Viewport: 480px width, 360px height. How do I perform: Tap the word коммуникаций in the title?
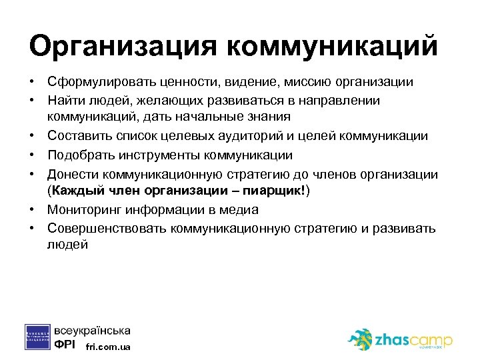[333, 47]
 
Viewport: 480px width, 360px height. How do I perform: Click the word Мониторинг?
[81, 209]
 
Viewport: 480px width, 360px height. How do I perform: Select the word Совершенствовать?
[106, 228]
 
